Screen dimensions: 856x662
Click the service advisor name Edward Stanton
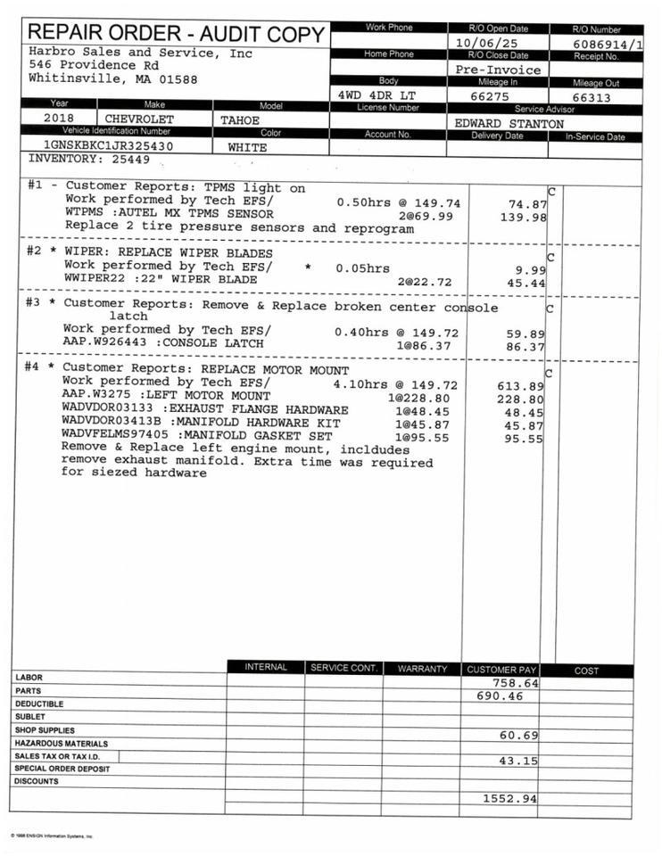pyautogui.click(x=509, y=124)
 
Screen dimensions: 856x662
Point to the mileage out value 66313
pyautogui.click(x=592, y=97)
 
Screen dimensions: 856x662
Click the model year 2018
pyautogui.click(x=60, y=118)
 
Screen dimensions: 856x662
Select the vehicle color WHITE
pyautogui.click(x=247, y=147)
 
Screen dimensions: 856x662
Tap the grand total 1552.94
pyautogui.click(x=509, y=798)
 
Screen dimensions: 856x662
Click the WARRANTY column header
pyautogui.click(x=422, y=668)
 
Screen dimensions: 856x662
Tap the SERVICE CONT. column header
pyautogui.click(x=343, y=668)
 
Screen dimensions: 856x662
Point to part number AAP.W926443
pyautogui.click(x=99, y=342)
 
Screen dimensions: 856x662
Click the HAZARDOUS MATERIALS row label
pyautogui.click(x=61, y=743)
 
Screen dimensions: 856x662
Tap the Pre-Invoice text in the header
pyautogui.click(x=498, y=70)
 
